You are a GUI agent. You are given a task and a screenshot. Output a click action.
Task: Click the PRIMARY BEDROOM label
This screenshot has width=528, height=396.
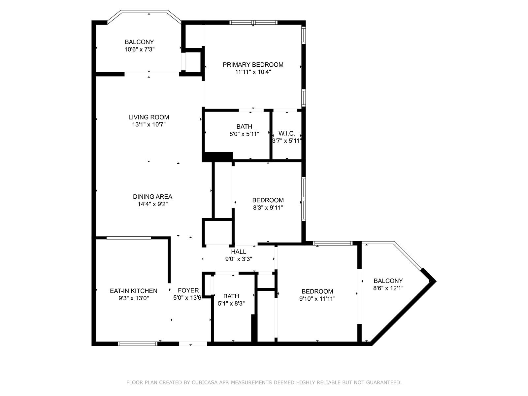pyautogui.click(x=253, y=65)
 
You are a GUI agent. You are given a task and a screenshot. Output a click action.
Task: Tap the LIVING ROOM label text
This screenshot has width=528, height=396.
pyautogui.click(x=148, y=117)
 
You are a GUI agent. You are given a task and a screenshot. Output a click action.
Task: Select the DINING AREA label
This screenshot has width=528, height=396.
pyautogui.click(x=152, y=197)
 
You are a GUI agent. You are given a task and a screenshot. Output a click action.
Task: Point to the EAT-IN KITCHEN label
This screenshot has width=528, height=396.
pyautogui.click(x=134, y=291)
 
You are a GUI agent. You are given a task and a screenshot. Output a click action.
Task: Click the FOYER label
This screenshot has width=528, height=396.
pyautogui.click(x=188, y=290)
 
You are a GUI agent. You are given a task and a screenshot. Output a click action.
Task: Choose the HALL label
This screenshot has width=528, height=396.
pyautogui.click(x=239, y=252)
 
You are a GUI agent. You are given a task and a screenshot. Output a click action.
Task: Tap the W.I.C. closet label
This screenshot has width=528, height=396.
pyautogui.click(x=287, y=133)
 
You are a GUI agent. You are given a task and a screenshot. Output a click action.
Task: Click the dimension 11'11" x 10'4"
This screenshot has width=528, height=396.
pyautogui.click(x=253, y=72)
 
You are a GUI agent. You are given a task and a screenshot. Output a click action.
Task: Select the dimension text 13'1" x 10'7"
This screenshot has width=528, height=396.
pyautogui.click(x=148, y=124)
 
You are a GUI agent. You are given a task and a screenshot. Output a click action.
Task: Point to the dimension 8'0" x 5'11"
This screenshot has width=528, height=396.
pyautogui.click(x=244, y=134)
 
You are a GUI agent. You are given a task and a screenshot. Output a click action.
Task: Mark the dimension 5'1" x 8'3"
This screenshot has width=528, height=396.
pyautogui.click(x=231, y=303)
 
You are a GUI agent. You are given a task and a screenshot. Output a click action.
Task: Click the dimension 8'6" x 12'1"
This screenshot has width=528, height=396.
pyautogui.click(x=388, y=288)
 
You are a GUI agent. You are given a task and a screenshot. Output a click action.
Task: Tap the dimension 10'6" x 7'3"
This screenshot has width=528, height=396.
pyautogui.click(x=139, y=49)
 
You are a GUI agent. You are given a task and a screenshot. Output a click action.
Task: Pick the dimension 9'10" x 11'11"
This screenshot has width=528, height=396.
pyautogui.click(x=317, y=299)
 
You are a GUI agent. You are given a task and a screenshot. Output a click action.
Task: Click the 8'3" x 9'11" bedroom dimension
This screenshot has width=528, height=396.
pyautogui.click(x=268, y=208)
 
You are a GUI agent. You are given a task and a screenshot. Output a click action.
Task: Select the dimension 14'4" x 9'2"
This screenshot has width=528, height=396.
pyautogui.click(x=152, y=204)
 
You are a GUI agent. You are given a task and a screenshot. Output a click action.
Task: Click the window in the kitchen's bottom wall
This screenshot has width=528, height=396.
pyautogui.click(x=138, y=344)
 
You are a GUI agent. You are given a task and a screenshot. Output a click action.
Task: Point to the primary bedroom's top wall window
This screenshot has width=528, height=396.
pyautogui.click(x=253, y=22)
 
